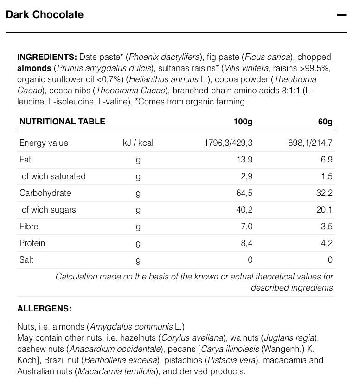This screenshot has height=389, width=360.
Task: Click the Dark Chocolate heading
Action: (x=45, y=15)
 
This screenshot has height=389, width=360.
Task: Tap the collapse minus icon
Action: (x=341, y=15)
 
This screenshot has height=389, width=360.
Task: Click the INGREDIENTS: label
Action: (x=47, y=57)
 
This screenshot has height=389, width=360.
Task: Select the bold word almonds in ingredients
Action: (x=34, y=68)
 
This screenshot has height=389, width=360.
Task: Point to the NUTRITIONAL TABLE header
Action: (x=62, y=122)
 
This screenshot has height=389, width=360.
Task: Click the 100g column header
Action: (x=243, y=122)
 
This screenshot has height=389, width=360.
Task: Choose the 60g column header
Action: (x=325, y=122)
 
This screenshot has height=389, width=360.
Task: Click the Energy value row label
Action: (x=44, y=143)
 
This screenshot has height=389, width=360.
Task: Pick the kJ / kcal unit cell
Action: (x=138, y=143)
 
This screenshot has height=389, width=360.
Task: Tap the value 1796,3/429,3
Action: (x=228, y=143)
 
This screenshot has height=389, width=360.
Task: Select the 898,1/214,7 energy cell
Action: (x=310, y=143)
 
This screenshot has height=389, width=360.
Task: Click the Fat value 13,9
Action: (x=244, y=160)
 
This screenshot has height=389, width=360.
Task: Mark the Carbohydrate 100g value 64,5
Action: (x=244, y=193)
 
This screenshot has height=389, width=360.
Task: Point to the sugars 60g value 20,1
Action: (x=325, y=210)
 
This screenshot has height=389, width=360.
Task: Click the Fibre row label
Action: (x=29, y=227)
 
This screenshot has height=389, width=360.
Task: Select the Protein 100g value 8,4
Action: (x=246, y=243)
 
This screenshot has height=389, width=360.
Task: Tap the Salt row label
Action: (x=26, y=260)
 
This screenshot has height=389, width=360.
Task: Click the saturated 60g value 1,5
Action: (x=327, y=176)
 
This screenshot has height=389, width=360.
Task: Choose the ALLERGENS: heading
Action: (x=44, y=308)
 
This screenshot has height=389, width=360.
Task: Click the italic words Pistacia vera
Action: (x=230, y=360)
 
